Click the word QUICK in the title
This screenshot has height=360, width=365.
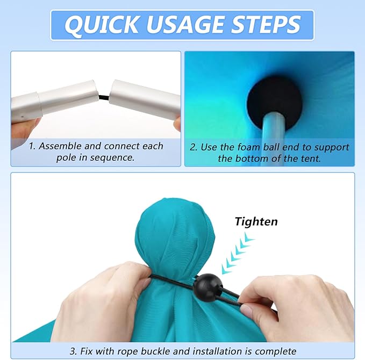pyautogui.click(x=102, y=25)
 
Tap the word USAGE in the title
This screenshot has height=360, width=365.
pyautogui.click(x=185, y=24)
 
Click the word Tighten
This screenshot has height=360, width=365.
pyautogui.click(x=256, y=221)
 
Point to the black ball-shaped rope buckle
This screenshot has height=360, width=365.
pyautogui.click(x=208, y=287)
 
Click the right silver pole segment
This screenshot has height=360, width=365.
pyautogui.click(x=145, y=99)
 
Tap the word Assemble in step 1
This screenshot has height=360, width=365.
pyautogui.click(x=60, y=146)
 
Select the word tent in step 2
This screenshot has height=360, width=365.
pyautogui.click(x=311, y=159)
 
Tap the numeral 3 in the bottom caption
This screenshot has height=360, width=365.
pyautogui.click(x=73, y=351)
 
